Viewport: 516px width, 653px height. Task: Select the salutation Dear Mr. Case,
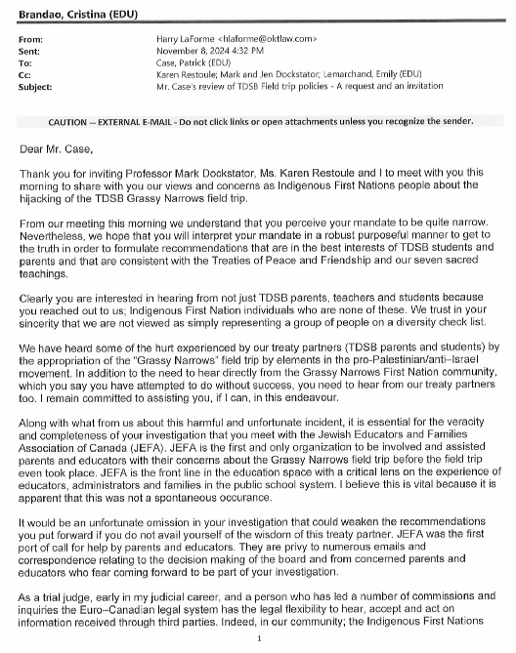click(x=57, y=147)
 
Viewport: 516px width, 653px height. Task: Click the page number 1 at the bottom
click(x=257, y=639)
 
